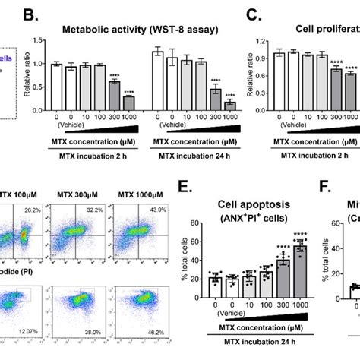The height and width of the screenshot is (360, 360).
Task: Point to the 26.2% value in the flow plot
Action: [31, 208]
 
